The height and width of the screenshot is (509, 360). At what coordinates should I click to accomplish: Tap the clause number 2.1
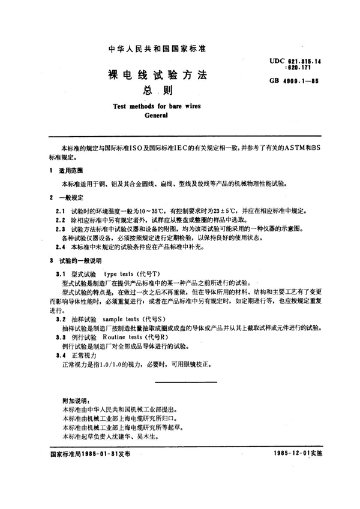[59, 212]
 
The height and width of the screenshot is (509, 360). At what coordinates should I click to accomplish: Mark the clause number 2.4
[59, 247]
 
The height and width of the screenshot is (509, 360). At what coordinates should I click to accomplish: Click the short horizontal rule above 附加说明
[180, 381]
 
